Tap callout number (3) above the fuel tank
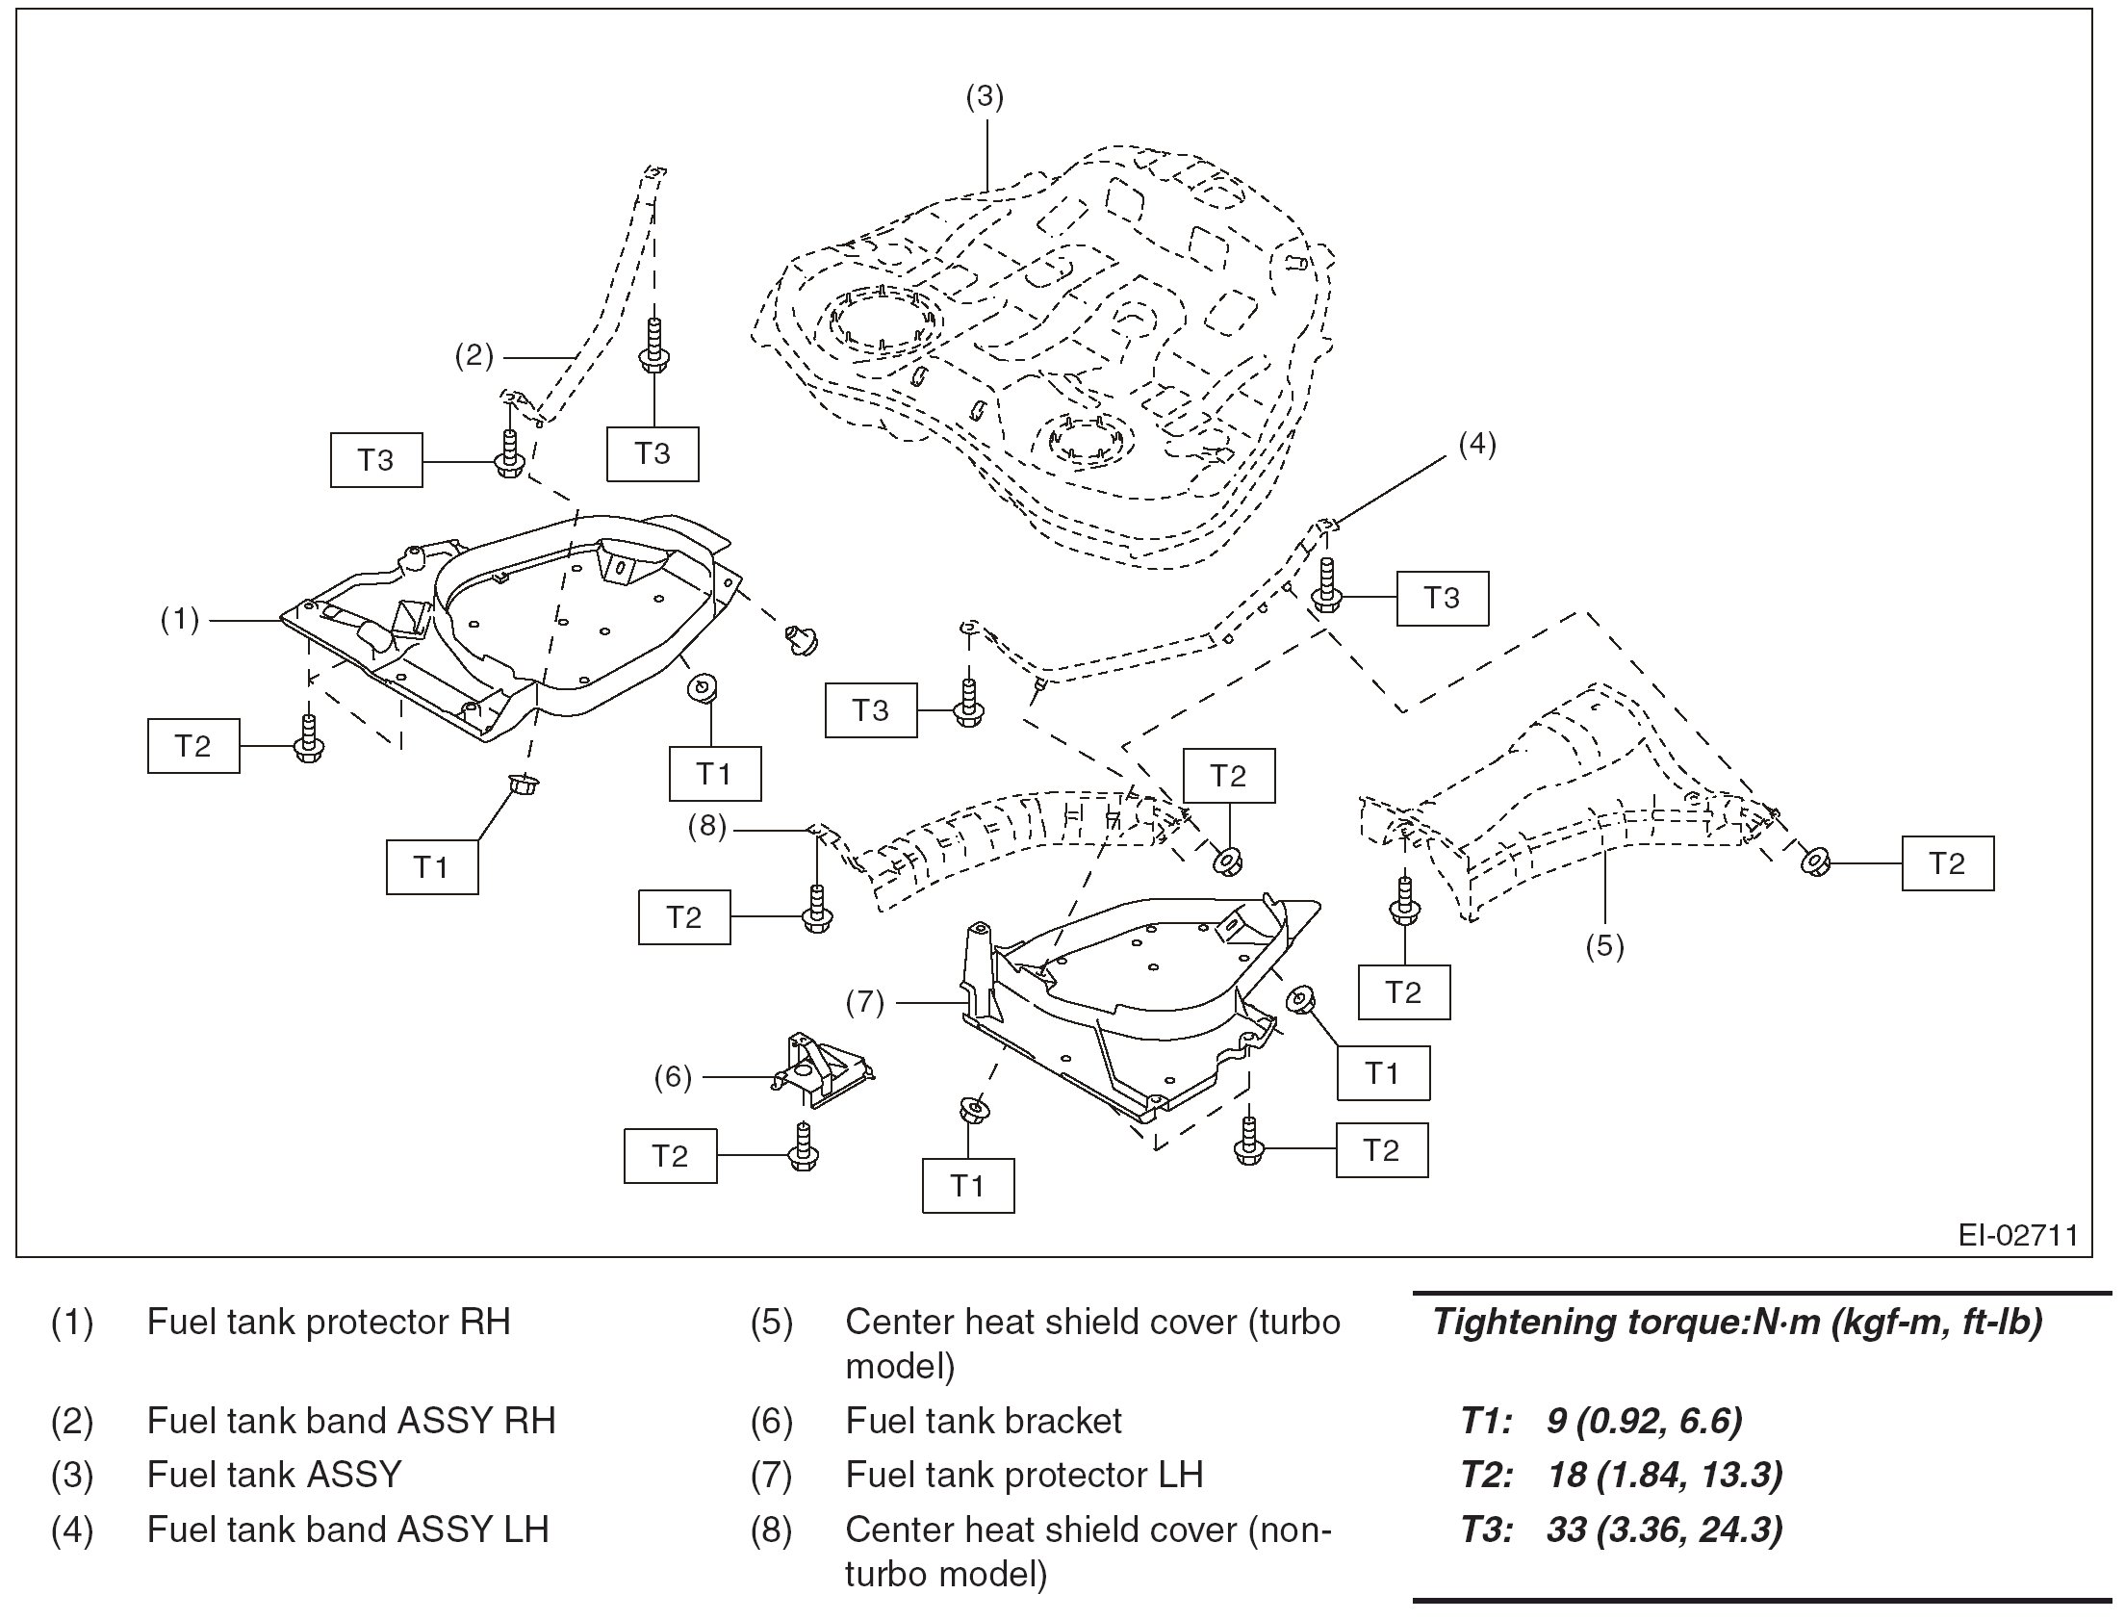(985, 96)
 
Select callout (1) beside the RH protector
(179, 620)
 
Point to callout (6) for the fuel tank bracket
(673, 1077)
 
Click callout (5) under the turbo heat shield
(1604, 946)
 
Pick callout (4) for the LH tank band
(1476, 445)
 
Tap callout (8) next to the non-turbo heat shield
(706, 827)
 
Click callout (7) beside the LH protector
(865, 1003)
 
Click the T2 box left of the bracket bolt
(670, 1155)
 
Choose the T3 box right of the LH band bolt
(1442, 598)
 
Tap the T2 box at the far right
(1947, 863)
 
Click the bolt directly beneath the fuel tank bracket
(803, 1147)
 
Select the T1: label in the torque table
(1486, 1421)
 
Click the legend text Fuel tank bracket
(984, 1421)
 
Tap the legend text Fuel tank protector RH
(328, 1321)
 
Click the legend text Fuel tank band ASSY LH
(347, 1529)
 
